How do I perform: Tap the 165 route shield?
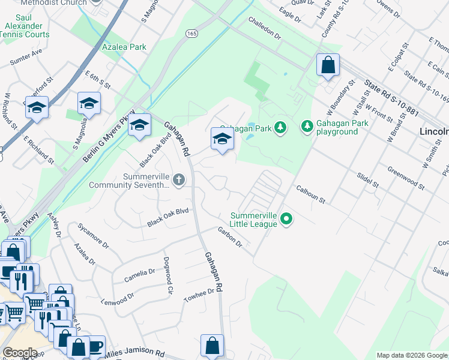tap(191, 34)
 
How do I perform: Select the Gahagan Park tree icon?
tap(280, 127)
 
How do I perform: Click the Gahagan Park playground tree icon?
tap(307, 126)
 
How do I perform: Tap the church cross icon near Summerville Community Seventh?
tap(178, 179)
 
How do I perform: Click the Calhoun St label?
tap(310, 193)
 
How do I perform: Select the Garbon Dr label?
tap(229, 237)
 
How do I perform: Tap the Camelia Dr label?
tap(139, 275)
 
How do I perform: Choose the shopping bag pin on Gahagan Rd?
tap(212, 346)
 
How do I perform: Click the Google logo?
tap(20, 353)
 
